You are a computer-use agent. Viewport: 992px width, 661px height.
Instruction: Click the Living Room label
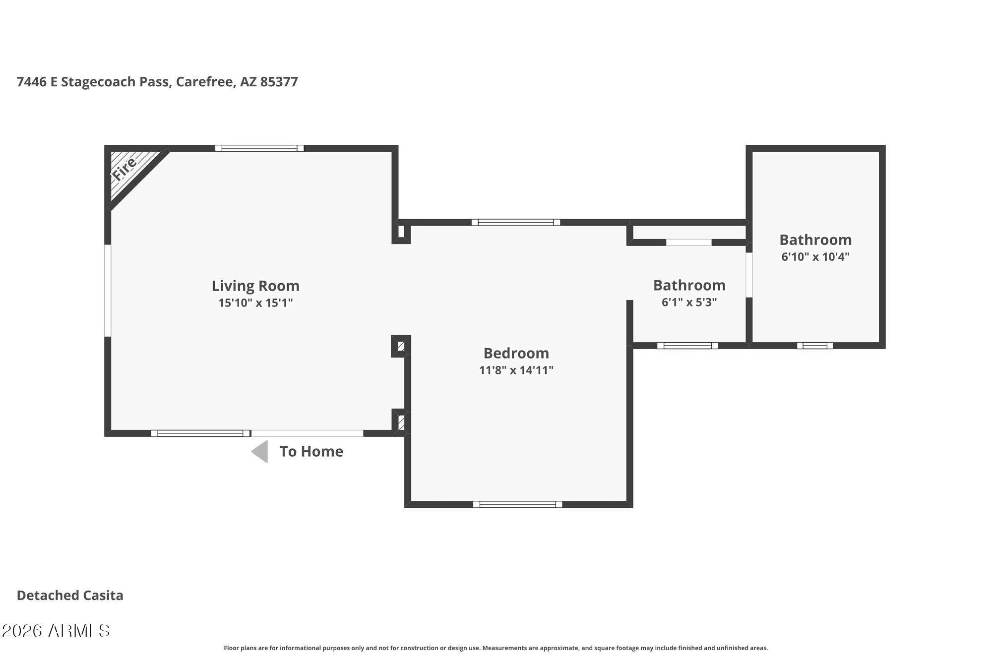pyautogui.click(x=255, y=286)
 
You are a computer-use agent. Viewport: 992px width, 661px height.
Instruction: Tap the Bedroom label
pyautogui.click(x=516, y=353)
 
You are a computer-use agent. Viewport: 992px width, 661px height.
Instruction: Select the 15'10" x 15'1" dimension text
pyautogui.click(x=255, y=302)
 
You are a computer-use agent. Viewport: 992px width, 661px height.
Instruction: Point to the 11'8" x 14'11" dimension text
pyautogui.click(x=516, y=370)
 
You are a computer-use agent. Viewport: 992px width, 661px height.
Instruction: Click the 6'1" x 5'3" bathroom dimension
pyautogui.click(x=689, y=302)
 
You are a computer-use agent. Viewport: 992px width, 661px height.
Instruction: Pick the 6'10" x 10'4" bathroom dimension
pyautogui.click(x=815, y=256)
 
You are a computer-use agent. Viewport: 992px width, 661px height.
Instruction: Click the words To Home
pyautogui.click(x=311, y=451)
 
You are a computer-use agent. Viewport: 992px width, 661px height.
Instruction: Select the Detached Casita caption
pyautogui.click(x=70, y=595)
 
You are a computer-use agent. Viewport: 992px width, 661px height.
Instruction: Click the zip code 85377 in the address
pyautogui.click(x=279, y=82)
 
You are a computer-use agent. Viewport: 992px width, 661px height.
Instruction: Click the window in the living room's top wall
pyautogui.click(x=259, y=148)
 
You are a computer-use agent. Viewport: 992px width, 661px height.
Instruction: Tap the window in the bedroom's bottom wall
pyautogui.click(x=518, y=504)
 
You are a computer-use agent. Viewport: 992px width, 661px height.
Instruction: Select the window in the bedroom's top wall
pyautogui.click(x=516, y=222)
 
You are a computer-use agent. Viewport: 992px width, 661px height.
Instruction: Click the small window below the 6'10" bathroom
pyautogui.click(x=815, y=346)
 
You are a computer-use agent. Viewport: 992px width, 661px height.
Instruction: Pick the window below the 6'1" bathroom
pyautogui.click(x=687, y=346)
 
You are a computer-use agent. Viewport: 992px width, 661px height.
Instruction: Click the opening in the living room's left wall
pyautogui.click(x=108, y=291)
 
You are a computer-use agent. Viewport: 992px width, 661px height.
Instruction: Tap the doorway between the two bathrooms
pyautogui.click(x=749, y=275)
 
